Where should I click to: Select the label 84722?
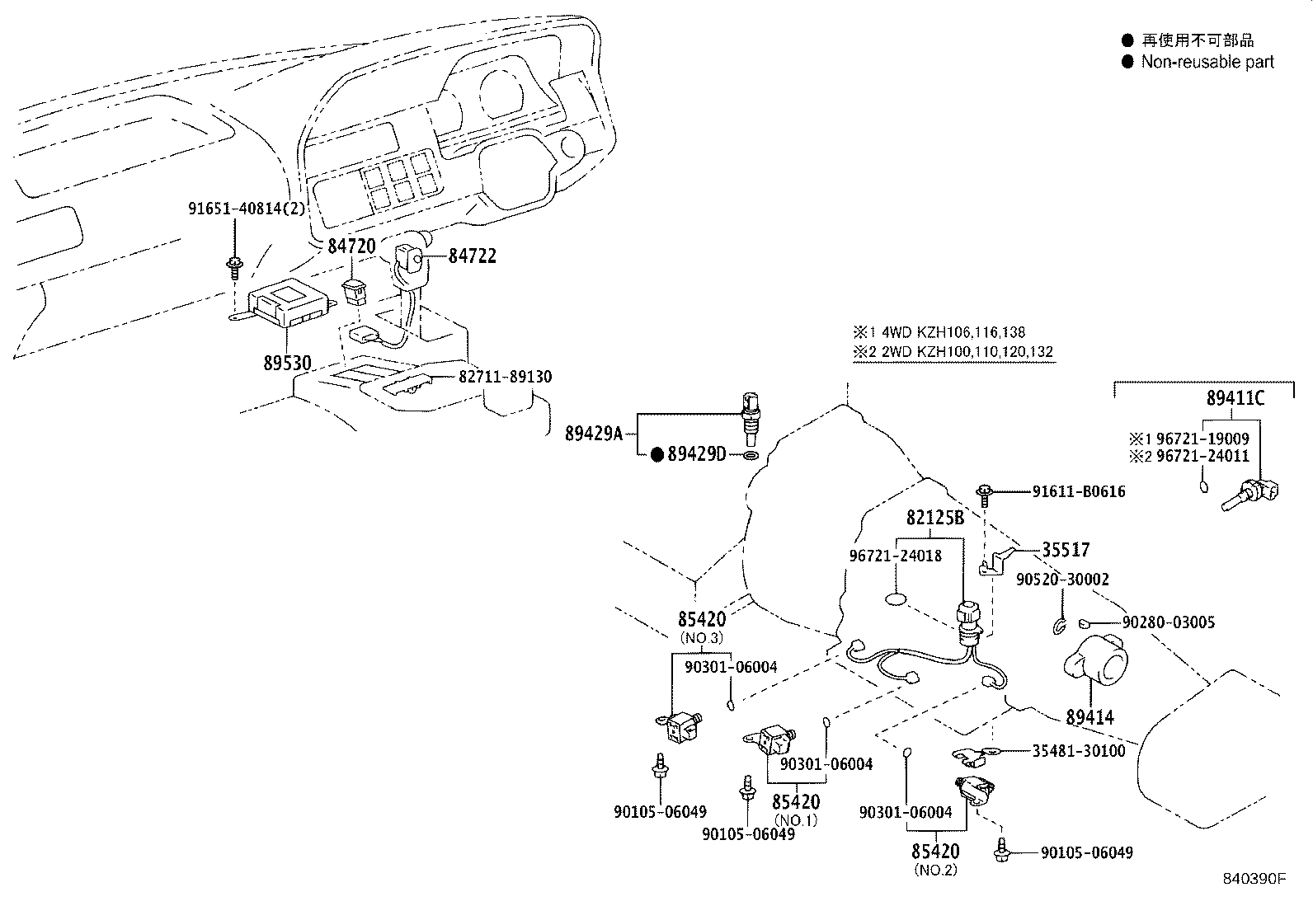pyautogui.click(x=472, y=256)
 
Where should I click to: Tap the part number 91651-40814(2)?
pyautogui.click(x=245, y=209)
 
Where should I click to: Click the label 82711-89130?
pyautogui.click(x=505, y=377)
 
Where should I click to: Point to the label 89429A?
pyautogui.click(x=594, y=433)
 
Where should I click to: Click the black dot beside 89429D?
pyautogui.click(x=657, y=454)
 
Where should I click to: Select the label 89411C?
pyautogui.click(x=1235, y=398)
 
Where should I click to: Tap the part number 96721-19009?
pyautogui.click(x=1202, y=439)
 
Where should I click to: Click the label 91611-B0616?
pyautogui.click(x=1078, y=492)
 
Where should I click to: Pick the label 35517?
pyautogui.click(x=1065, y=549)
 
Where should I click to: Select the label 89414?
pyautogui.click(x=1089, y=717)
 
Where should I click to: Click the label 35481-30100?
pyautogui.click(x=1079, y=751)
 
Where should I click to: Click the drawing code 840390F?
pyautogui.click(x=1254, y=879)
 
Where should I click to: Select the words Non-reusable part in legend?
pyautogui.click(x=1207, y=62)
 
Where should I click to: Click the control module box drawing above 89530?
pyautogui.click(x=285, y=303)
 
